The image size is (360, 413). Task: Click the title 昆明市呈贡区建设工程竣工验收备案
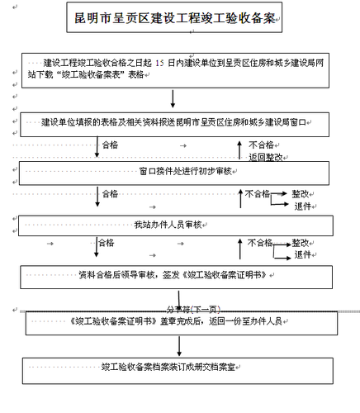(175, 19)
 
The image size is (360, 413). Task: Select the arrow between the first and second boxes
(173, 98)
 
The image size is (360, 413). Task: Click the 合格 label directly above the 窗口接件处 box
(110, 144)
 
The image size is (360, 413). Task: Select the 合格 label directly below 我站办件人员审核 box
(106, 243)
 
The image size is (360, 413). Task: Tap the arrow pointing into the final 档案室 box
(173, 346)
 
